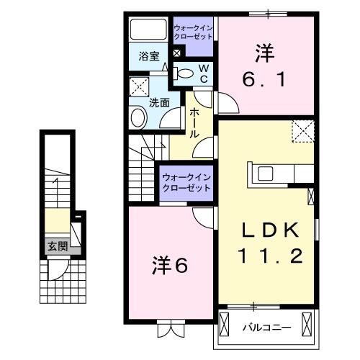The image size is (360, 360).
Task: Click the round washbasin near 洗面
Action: (x=138, y=118)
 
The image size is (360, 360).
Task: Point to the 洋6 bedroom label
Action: (x=170, y=266)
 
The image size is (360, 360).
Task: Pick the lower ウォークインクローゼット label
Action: (x=186, y=181)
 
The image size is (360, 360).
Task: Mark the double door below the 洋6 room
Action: (x=170, y=330)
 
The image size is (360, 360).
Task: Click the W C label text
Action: (x=202, y=72)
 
